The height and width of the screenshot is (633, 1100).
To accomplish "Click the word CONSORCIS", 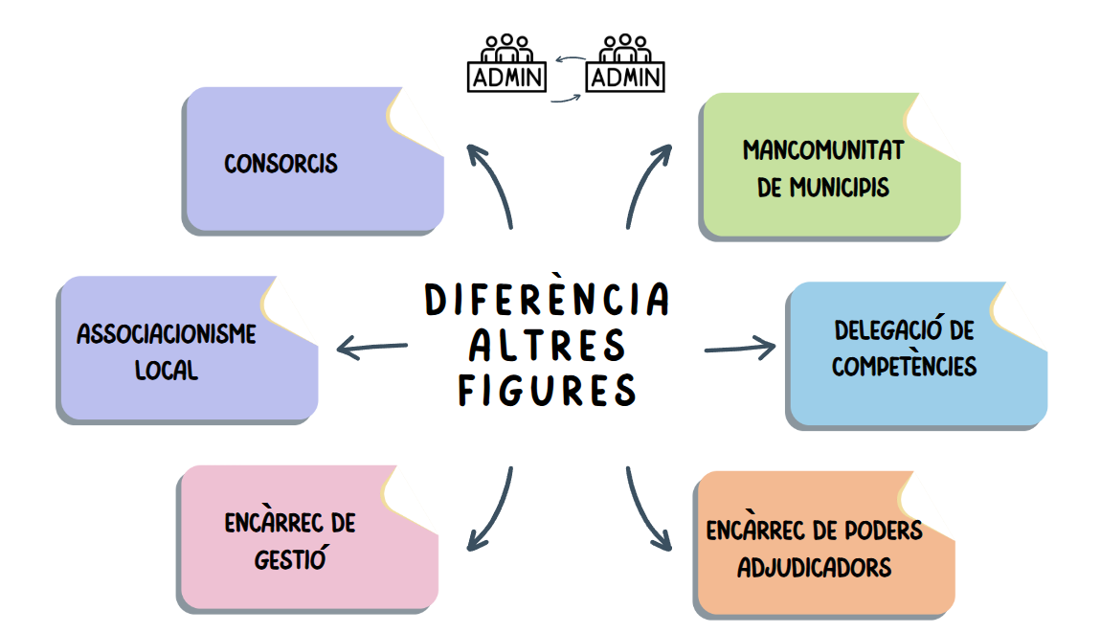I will click(281, 164).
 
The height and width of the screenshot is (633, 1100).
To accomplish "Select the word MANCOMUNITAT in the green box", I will click(823, 150).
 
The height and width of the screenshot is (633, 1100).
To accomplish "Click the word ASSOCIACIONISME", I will click(167, 334).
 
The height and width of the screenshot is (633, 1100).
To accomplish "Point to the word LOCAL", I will click(167, 370).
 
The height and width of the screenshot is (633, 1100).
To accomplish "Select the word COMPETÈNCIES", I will click(904, 366).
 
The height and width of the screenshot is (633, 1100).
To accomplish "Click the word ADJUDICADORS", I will click(815, 567).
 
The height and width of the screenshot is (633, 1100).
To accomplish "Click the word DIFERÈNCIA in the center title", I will click(547, 300).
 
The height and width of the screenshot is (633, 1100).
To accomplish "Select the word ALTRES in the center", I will click(547, 345).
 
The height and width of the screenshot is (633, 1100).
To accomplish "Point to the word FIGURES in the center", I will click(547, 390).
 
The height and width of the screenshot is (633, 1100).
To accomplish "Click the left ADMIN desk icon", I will click(506, 65).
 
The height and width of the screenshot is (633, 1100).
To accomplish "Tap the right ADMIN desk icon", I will click(625, 65).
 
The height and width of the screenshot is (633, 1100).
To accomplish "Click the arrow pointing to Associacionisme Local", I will click(372, 348).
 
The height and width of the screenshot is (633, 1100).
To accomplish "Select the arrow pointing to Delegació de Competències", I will click(740, 348).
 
